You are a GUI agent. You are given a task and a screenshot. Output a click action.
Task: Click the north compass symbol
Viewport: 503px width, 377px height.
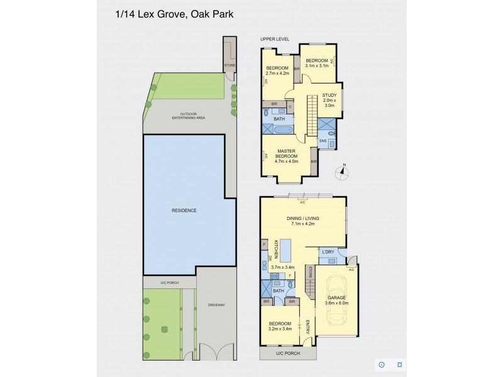click(343, 170)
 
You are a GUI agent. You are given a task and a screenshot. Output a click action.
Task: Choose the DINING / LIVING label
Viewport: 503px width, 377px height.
click(302, 220)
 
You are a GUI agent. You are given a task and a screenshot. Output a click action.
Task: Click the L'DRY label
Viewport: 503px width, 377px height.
click(328, 252)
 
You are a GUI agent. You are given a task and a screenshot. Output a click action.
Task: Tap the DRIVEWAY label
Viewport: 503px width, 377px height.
click(216, 305)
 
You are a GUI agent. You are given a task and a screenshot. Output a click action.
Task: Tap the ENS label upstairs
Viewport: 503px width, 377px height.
click(323, 141)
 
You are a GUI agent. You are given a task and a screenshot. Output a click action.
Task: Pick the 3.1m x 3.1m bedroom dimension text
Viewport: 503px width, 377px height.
click(318, 65)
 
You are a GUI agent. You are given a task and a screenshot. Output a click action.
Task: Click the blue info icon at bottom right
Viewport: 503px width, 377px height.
click(381, 364)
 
